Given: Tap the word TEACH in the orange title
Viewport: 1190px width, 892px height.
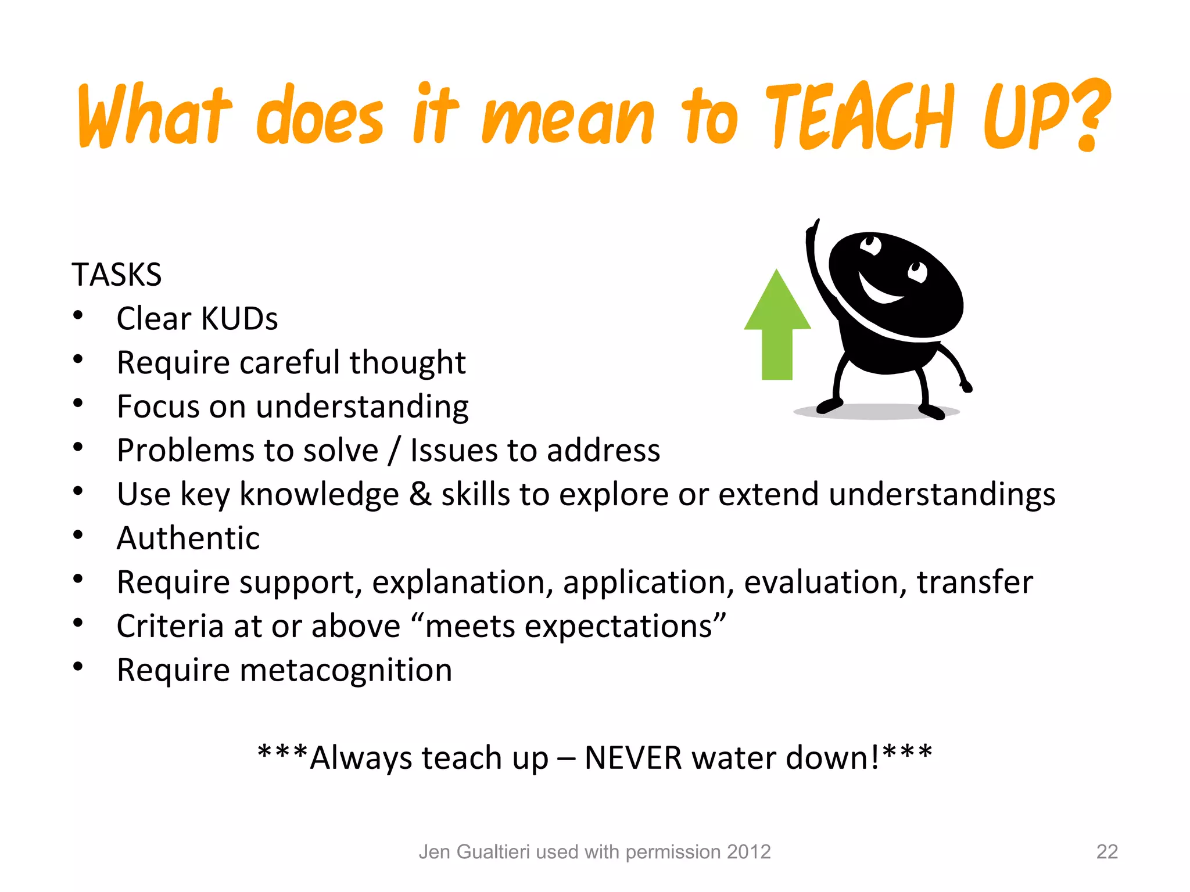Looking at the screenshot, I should pyautogui.click(x=860, y=116).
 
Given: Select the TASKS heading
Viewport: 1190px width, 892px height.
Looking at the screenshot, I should pyautogui.click(x=116, y=275).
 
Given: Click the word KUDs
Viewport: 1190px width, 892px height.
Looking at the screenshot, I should pyautogui.click(x=239, y=319).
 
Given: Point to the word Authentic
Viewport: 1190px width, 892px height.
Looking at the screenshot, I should pyautogui.click(x=188, y=538).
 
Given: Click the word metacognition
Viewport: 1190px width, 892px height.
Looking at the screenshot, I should pyautogui.click(x=346, y=670).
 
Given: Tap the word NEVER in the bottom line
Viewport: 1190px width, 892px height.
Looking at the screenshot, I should pyautogui.click(x=633, y=758).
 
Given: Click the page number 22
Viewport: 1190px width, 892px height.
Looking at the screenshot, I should pyautogui.click(x=1106, y=852).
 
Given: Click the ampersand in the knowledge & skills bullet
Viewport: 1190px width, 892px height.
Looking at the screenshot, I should pyautogui.click(x=420, y=495).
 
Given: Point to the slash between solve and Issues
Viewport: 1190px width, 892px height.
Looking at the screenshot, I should pyautogui.click(x=395, y=451).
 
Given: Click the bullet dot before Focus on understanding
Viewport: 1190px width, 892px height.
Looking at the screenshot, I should pyautogui.click(x=78, y=403).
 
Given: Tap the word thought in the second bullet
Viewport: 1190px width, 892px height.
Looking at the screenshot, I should pyautogui.click(x=407, y=363).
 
